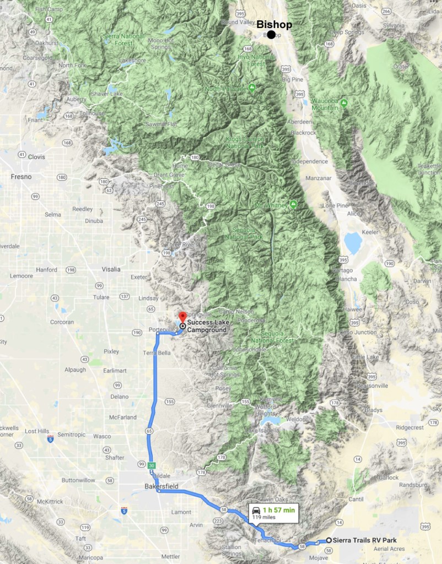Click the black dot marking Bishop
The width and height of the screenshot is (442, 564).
(271, 35)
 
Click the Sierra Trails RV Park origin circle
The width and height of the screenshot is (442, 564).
(329, 540)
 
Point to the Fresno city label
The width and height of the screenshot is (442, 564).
(21, 177)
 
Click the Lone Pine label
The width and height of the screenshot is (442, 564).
(336, 205)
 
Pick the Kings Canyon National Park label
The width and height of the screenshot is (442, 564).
(245, 142)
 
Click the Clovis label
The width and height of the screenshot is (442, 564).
(36, 156)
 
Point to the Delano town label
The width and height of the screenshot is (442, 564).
(119, 397)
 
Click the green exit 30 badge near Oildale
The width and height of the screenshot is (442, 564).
(152, 465)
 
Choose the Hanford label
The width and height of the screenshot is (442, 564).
(46, 270)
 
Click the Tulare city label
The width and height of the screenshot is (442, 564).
(101, 297)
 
